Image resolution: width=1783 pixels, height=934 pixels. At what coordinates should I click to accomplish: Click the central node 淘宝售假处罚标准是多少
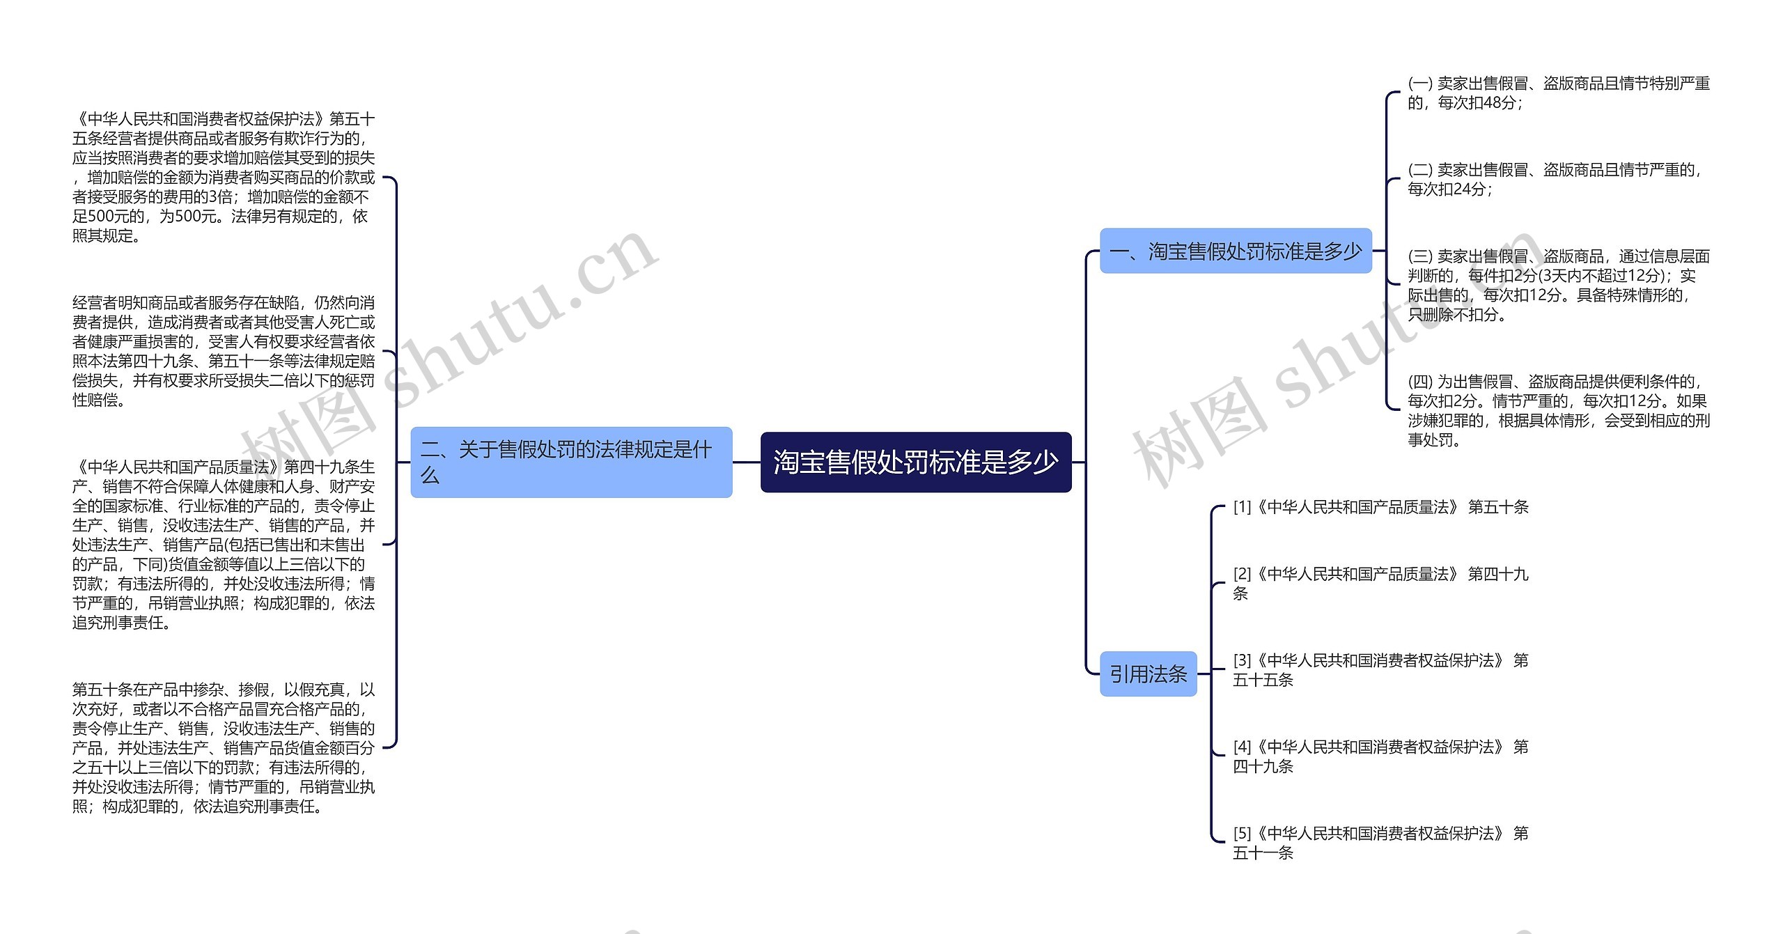click(x=915, y=462)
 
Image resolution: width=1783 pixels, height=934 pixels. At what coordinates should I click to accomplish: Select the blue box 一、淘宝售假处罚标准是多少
click(x=1235, y=251)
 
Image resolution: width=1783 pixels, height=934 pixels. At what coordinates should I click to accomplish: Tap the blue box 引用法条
click(x=1148, y=674)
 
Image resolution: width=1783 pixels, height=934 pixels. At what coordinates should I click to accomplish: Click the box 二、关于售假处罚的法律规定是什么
click(x=571, y=462)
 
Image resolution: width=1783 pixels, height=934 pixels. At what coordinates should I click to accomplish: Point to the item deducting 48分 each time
click(x=1558, y=93)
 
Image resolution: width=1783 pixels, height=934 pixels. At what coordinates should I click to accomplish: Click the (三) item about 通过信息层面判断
click(x=1558, y=286)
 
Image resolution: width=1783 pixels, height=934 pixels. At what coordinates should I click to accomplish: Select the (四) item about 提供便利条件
click(x=1558, y=410)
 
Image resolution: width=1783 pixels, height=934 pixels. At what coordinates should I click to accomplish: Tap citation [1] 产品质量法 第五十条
click(x=1380, y=507)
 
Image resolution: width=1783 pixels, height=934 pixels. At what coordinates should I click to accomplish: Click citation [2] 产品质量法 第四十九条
click(x=1380, y=583)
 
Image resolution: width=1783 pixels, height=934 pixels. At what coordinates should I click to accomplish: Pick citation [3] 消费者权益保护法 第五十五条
click(x=1380, y=669)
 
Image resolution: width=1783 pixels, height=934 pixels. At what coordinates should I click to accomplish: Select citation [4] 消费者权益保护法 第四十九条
click(x=1380, y=756)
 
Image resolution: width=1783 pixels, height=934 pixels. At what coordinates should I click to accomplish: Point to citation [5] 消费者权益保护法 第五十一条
click(x=1380, y=843)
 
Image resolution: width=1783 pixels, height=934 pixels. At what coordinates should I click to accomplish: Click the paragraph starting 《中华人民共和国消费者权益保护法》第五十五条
click(x=224, y=178)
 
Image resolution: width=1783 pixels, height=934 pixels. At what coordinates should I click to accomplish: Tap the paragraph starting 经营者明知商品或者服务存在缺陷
click(x=224, y=351)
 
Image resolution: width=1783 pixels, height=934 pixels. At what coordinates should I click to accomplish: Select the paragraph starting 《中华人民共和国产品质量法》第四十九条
click(x=224, y=545)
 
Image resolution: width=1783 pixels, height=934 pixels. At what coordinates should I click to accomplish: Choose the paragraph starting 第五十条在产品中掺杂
click(x=224, y=748)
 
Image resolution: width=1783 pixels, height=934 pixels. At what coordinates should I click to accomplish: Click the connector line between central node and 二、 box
click(x=746, y=462)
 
